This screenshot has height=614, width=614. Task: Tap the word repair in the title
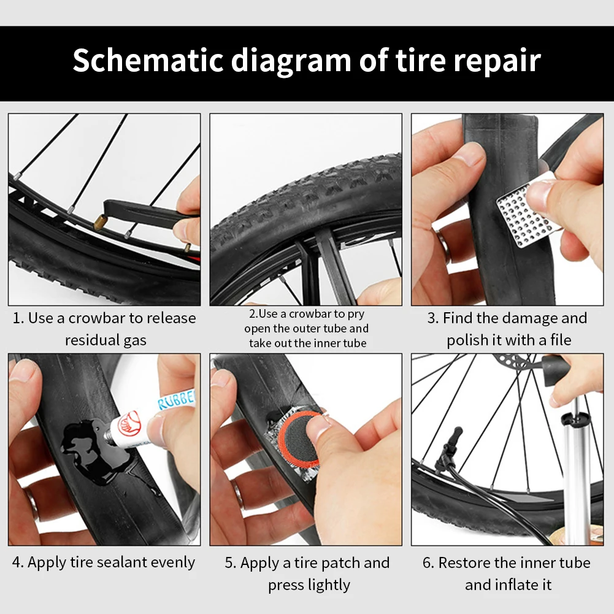[x=494, y=60]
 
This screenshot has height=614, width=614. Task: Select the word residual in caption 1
[x=92, y=340]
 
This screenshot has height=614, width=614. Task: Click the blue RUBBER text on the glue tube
[x=177, y=399]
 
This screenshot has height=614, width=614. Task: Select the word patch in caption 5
[x=341, y=563]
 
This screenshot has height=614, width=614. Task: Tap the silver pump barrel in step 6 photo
[x=576, y=478]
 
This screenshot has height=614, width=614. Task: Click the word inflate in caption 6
[x=515, y=585]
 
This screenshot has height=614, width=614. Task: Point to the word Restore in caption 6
[x=464, y=563]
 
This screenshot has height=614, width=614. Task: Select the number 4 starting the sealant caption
[x=17, y=562]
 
